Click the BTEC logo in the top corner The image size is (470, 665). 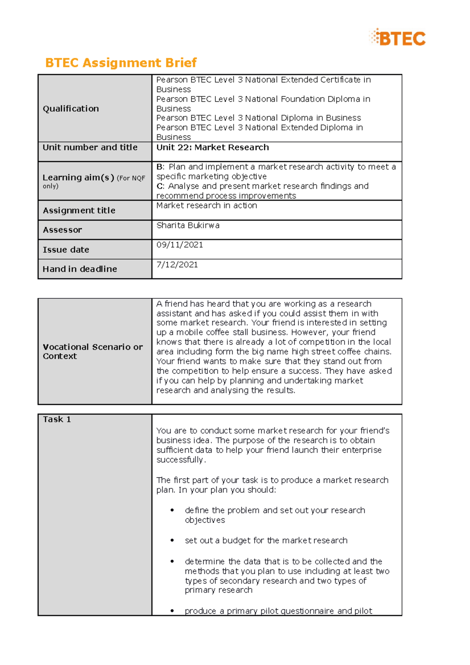(x=397, y=38)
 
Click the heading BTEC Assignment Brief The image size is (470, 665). (x=121, y=63)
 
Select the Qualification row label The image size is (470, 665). (x=70, y=108)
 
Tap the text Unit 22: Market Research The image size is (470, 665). (x=212, y=147)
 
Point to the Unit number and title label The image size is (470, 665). (x=90, y=147)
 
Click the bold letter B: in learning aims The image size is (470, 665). (x=160, y=167)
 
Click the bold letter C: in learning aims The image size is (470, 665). (x=160, y=186)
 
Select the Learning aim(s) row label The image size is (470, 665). (x=78, y=178)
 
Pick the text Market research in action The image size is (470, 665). (x=206, y=206)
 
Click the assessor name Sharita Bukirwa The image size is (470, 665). (x=188, y=225)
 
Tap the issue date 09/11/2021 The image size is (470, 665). (x=179, y=245)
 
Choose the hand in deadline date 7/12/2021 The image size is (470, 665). (x=177, y=264)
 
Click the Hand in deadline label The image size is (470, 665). (x=80, y=269)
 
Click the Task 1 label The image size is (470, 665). (x=57, y=419)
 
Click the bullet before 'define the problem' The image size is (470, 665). (x=172, y=510)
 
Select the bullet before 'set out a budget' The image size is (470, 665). (x=172, y=540)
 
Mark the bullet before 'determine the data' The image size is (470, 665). (x=172, y=561)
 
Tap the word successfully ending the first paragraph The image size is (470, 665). (x=180, y=460)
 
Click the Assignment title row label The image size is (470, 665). (x=79, y=210)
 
